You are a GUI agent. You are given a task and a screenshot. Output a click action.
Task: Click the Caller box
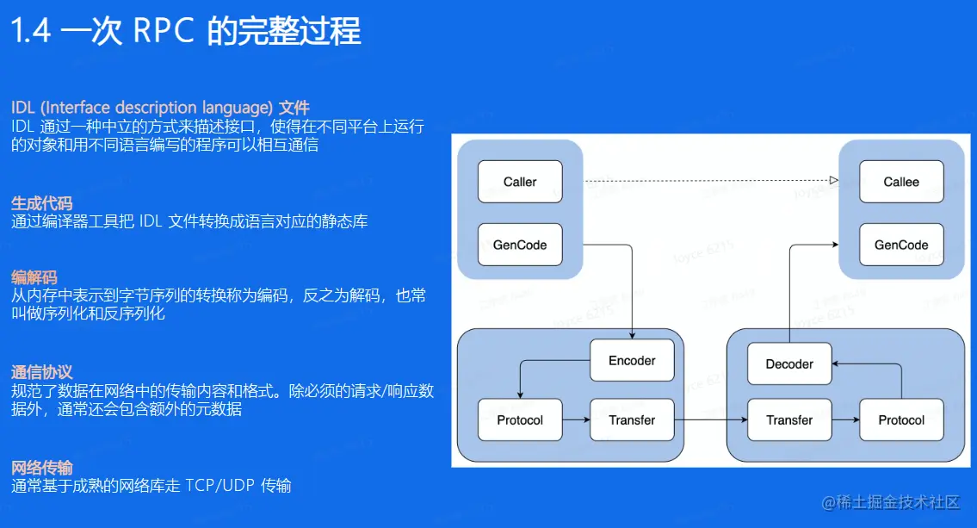(x=519, y=182)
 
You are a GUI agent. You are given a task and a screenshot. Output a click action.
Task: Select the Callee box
(x=901, y=182)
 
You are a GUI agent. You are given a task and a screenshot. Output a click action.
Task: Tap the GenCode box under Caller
(x=519, y=245)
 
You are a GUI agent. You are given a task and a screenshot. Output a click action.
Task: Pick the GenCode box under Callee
(x=901, y=245)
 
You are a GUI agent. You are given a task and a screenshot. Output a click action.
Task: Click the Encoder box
(x=632, y=360)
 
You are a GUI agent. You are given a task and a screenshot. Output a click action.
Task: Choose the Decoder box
(x=789, y=363)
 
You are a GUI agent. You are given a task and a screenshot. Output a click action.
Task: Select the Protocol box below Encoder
(x=520, y=420)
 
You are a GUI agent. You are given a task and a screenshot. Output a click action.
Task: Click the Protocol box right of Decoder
(x=901, y=420)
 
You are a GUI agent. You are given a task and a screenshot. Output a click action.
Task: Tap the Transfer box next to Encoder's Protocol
(x=632, y=420)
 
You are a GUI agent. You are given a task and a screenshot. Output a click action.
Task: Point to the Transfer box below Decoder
(x=789, y=420)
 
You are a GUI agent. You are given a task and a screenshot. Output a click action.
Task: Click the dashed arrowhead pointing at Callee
(x=833, y=180)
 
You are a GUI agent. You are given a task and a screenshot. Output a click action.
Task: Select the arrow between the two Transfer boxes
(x=709, y=420)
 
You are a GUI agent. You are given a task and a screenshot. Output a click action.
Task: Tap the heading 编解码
(x=34, y=277)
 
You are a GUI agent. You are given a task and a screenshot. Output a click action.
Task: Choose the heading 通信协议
(x=41, y=372)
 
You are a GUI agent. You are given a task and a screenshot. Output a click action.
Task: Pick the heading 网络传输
(x=41, y=468)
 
